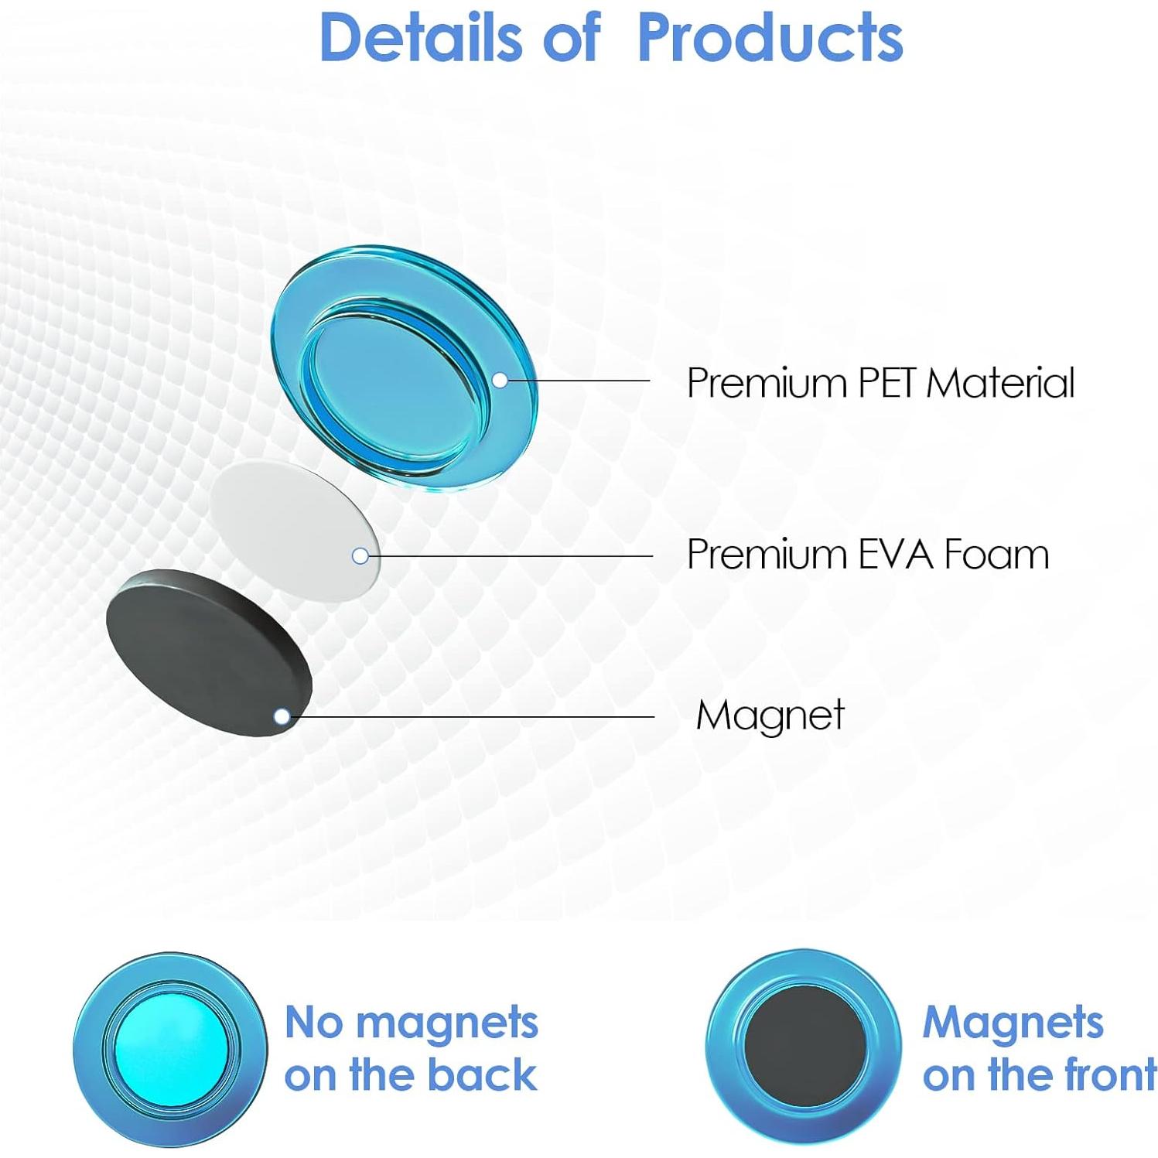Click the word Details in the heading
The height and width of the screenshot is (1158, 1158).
(x=422, y=37)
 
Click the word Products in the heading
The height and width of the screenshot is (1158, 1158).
(x=770, y=37)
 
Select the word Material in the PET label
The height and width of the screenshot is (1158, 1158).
(x=1001, y=382)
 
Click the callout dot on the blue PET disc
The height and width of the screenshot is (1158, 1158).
(x=500, y=380)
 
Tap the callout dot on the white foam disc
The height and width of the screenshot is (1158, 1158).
(x=360, y=555)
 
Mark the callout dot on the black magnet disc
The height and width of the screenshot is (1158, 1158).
(x=282, y=716)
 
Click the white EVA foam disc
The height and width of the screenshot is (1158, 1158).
(x=294, y=530)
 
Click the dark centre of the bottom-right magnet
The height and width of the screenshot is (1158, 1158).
(x=804, y=1047)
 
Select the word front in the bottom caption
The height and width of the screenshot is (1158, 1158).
(x=1111, y=1075)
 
